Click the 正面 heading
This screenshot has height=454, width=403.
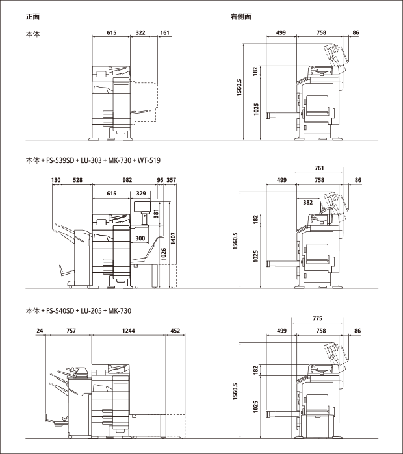point(32,17)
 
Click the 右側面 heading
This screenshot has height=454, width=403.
point(240,17)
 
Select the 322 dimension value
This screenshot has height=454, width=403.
point(140,32)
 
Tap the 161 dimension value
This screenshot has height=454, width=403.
point(164,32)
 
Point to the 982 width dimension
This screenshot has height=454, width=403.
point(127,180)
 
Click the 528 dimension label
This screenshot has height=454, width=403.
point(77,180)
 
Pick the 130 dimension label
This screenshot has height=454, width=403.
point(56,180)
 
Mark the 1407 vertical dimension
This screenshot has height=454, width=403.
point(174,238)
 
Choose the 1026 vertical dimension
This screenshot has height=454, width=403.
point(164,254)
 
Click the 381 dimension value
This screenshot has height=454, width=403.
point(157,214)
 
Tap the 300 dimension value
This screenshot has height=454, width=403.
point(140,238)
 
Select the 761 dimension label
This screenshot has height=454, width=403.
point(319,168)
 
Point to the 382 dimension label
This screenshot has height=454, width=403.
point(308,203)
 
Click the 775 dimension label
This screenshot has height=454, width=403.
point(317,318)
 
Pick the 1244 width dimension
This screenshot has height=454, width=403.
point(128,331)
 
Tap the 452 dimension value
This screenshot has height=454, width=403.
point(175,331)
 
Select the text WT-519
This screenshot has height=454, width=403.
point(149,160)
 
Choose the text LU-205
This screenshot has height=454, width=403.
point(91,311)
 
